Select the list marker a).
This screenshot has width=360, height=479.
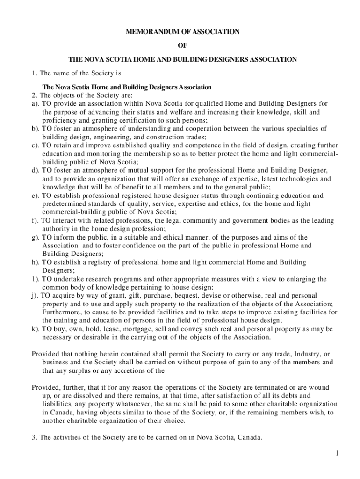pyautogui.click(x=36, y=103)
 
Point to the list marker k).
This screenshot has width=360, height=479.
pyautogui.click(x=36, y=329)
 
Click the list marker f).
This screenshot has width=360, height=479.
pyautogui.click(x=35, y=220)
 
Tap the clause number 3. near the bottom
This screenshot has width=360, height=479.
pyautogui.click(x=34, y=438)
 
